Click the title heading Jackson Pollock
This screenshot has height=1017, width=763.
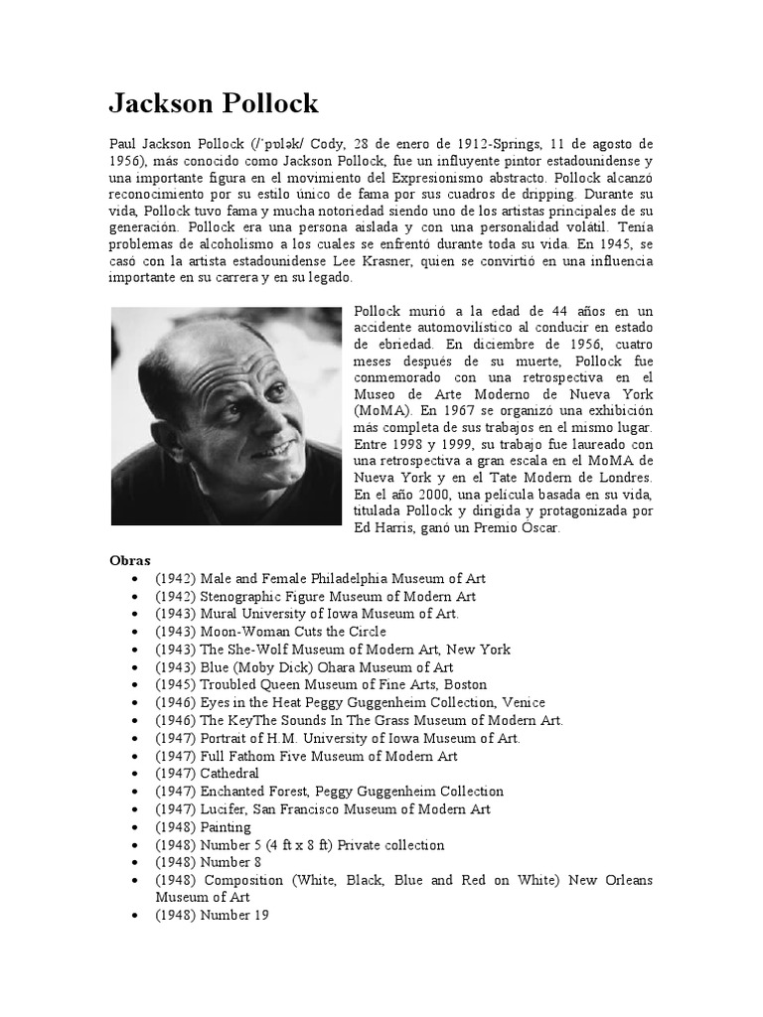214,104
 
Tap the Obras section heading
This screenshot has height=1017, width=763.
130,560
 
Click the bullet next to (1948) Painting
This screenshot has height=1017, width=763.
134,827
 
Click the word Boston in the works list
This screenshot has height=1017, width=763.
465,684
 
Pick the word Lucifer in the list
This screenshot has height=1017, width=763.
224,809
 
